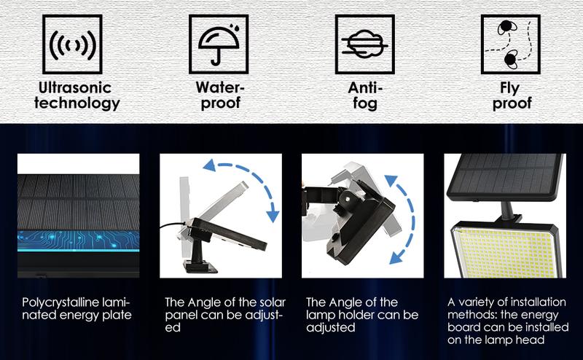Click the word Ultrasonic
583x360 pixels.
pyautogui.click(x=76, y=87)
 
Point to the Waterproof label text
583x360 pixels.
pyautogui.click(x=220, y=95)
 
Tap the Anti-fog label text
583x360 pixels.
pyautogui.click(x=364, y=95)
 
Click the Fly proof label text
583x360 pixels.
pyautogui.click(x=511, y=95)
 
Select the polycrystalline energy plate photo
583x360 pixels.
pyautogui.click(x=78, y=216)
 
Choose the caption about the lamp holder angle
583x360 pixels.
pyautogui.click(x=362, y=314)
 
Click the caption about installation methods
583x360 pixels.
pyautogui.click(x=503, y=321)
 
